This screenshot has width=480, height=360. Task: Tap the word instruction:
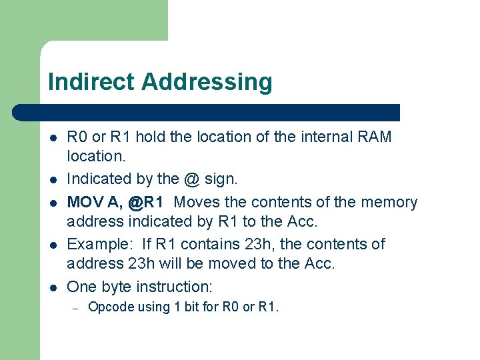174,287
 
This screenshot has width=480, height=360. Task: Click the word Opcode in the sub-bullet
108,307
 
